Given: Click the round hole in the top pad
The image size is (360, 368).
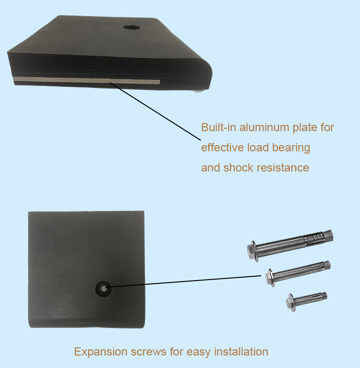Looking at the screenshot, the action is [132, 27].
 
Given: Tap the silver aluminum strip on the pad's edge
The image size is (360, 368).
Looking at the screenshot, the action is [86, 80].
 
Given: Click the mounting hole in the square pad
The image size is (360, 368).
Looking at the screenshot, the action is [103, 289].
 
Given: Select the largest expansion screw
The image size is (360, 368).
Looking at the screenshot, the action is [290, 245].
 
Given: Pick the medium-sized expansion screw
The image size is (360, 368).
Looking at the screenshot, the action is [298, 273].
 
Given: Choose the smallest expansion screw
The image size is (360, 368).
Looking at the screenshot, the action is [307, 301].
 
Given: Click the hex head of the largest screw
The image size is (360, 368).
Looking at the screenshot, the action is [252, 251].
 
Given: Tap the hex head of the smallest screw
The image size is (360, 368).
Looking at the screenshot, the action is [290, 303].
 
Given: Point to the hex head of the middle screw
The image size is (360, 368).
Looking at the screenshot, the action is [270, 278].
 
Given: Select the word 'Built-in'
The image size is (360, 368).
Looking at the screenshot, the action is [218, 127].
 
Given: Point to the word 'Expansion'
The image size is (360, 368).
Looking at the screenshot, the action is [101, 352].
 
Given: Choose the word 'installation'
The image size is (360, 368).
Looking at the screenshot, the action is [241, 352].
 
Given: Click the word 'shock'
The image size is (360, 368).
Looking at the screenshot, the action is [238, 168].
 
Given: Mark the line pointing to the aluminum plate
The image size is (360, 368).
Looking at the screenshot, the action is [155, 111].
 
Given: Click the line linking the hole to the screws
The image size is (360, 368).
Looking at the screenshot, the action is [184, 282].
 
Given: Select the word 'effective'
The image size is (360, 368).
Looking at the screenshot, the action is [222, 147].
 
